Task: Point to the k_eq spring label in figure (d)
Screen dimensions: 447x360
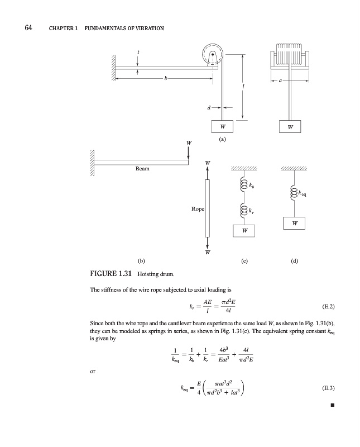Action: click(302, 194)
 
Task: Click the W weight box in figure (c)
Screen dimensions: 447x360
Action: click(244, 230)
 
